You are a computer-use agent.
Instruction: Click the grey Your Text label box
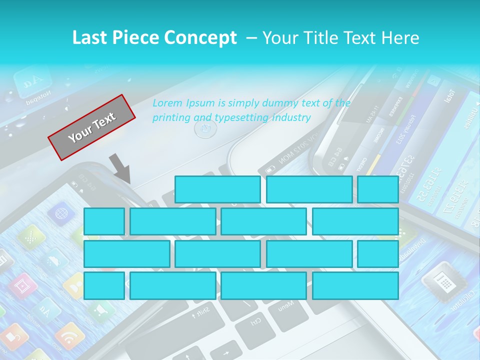(x=92, y=127)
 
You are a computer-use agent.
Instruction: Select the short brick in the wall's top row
(x=377, y=189)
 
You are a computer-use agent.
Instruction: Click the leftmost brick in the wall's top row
(x=217, y=189)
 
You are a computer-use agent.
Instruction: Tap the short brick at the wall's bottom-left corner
(x=104, y=285)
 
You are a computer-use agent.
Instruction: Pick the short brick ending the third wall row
(x=377, y=254)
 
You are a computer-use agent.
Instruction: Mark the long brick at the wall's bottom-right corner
(x=355, y=285)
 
